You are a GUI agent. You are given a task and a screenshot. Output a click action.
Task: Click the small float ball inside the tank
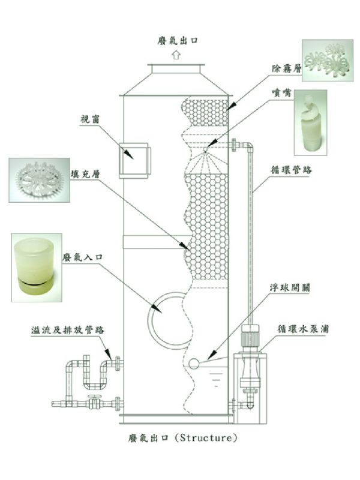tap(193, 363)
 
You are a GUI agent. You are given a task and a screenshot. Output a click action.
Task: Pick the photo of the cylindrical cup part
tap(35, 266)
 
